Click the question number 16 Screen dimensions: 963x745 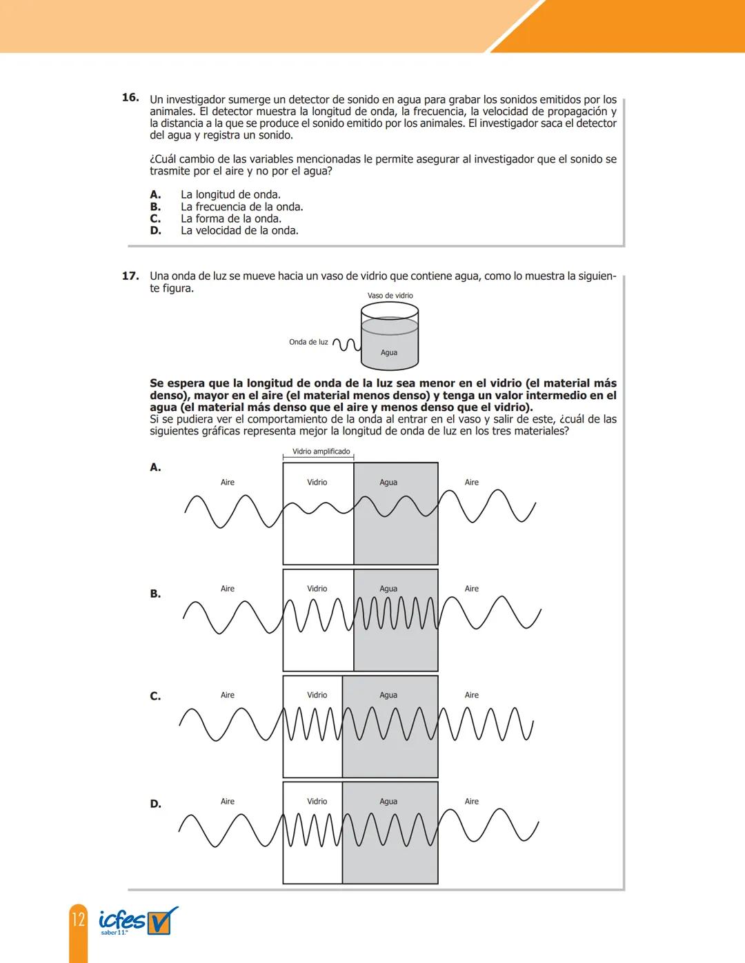pos(130,98)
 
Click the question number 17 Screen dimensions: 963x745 pos(130,276)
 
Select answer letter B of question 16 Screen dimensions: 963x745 pos(155,207)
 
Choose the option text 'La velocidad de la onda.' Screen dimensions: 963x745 pos(239,230)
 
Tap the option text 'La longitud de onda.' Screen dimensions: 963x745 pos(230,195)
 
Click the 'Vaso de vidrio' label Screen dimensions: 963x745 pos(390,296)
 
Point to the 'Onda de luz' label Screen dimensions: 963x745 pos(308,342)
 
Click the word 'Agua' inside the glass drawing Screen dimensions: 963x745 pos(389,353)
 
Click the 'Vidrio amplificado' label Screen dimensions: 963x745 pos(321,452)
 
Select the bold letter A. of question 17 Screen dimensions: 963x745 pos(155,467)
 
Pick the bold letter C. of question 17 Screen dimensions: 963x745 pos(155,696)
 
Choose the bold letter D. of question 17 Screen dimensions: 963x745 pos(155,804)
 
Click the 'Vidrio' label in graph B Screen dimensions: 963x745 pos(317,589)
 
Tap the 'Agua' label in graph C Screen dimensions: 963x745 pos(388,695)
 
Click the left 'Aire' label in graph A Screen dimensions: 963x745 pos(228,483)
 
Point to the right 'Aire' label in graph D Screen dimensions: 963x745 pos(472,801)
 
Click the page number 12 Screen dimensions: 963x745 pos(78,919)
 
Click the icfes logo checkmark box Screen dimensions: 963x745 pos(163,920)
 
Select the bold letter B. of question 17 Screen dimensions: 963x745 pos(155,594)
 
